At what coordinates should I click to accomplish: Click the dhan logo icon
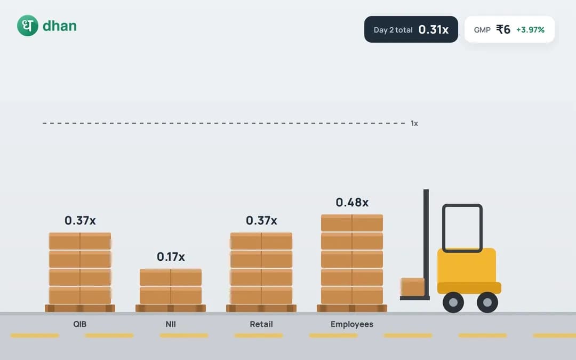[28, 26]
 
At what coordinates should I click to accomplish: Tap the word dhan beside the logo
[60, 26]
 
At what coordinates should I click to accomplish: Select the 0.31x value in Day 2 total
[434, 29]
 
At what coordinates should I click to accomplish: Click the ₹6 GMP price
[503, 29]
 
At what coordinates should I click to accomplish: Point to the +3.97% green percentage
[530, 30]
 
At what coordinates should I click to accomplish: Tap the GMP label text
[482, 30]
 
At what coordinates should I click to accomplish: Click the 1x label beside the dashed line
[414, 123]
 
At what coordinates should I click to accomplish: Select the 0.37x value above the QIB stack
[80, 220]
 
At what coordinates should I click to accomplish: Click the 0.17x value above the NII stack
[171, 257]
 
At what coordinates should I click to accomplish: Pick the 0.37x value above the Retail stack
[261, 220]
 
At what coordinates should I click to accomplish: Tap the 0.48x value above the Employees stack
[352, 203]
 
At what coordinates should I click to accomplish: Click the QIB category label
[79, 324]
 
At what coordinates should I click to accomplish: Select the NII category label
[171, 324]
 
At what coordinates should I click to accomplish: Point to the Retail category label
[261, 324]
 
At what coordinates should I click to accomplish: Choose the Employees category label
[352, 324]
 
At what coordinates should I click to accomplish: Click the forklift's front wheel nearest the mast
[453, 302]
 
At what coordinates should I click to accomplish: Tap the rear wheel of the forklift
[487, 302]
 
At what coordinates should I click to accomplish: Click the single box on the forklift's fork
[412, 287]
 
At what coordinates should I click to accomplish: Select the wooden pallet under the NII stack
[171, 308]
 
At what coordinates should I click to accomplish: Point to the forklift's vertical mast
[426, 243]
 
